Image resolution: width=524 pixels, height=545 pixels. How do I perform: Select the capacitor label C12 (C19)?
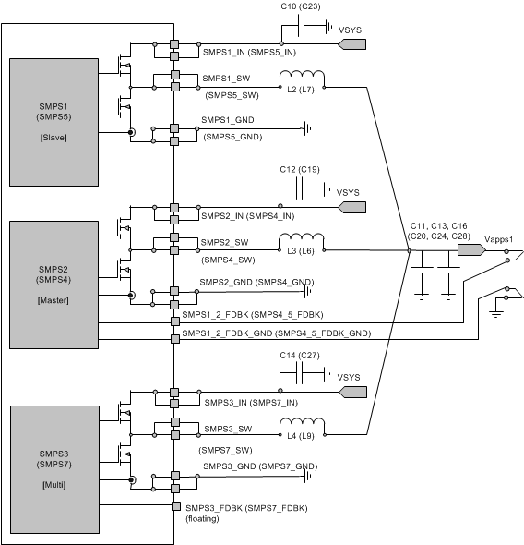pos(300,171)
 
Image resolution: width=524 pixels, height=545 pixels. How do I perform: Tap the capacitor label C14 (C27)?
pos(300,355)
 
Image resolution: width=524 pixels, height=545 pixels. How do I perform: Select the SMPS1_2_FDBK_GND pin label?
pos(277,333)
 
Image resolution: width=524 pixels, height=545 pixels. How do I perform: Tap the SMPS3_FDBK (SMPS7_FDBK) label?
pos(246,508)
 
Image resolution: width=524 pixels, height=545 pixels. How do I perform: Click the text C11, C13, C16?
pos(439,225)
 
